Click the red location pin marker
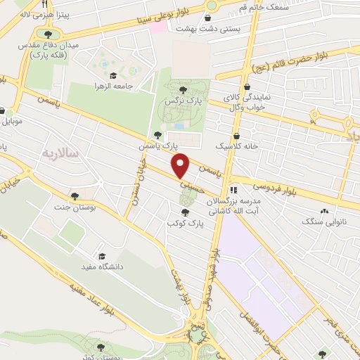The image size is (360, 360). tap(181, 166)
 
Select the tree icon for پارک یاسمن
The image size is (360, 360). tap(157, 135)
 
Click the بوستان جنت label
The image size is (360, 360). tap(75, 208)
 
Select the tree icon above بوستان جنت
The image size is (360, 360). tap(75, 195)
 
